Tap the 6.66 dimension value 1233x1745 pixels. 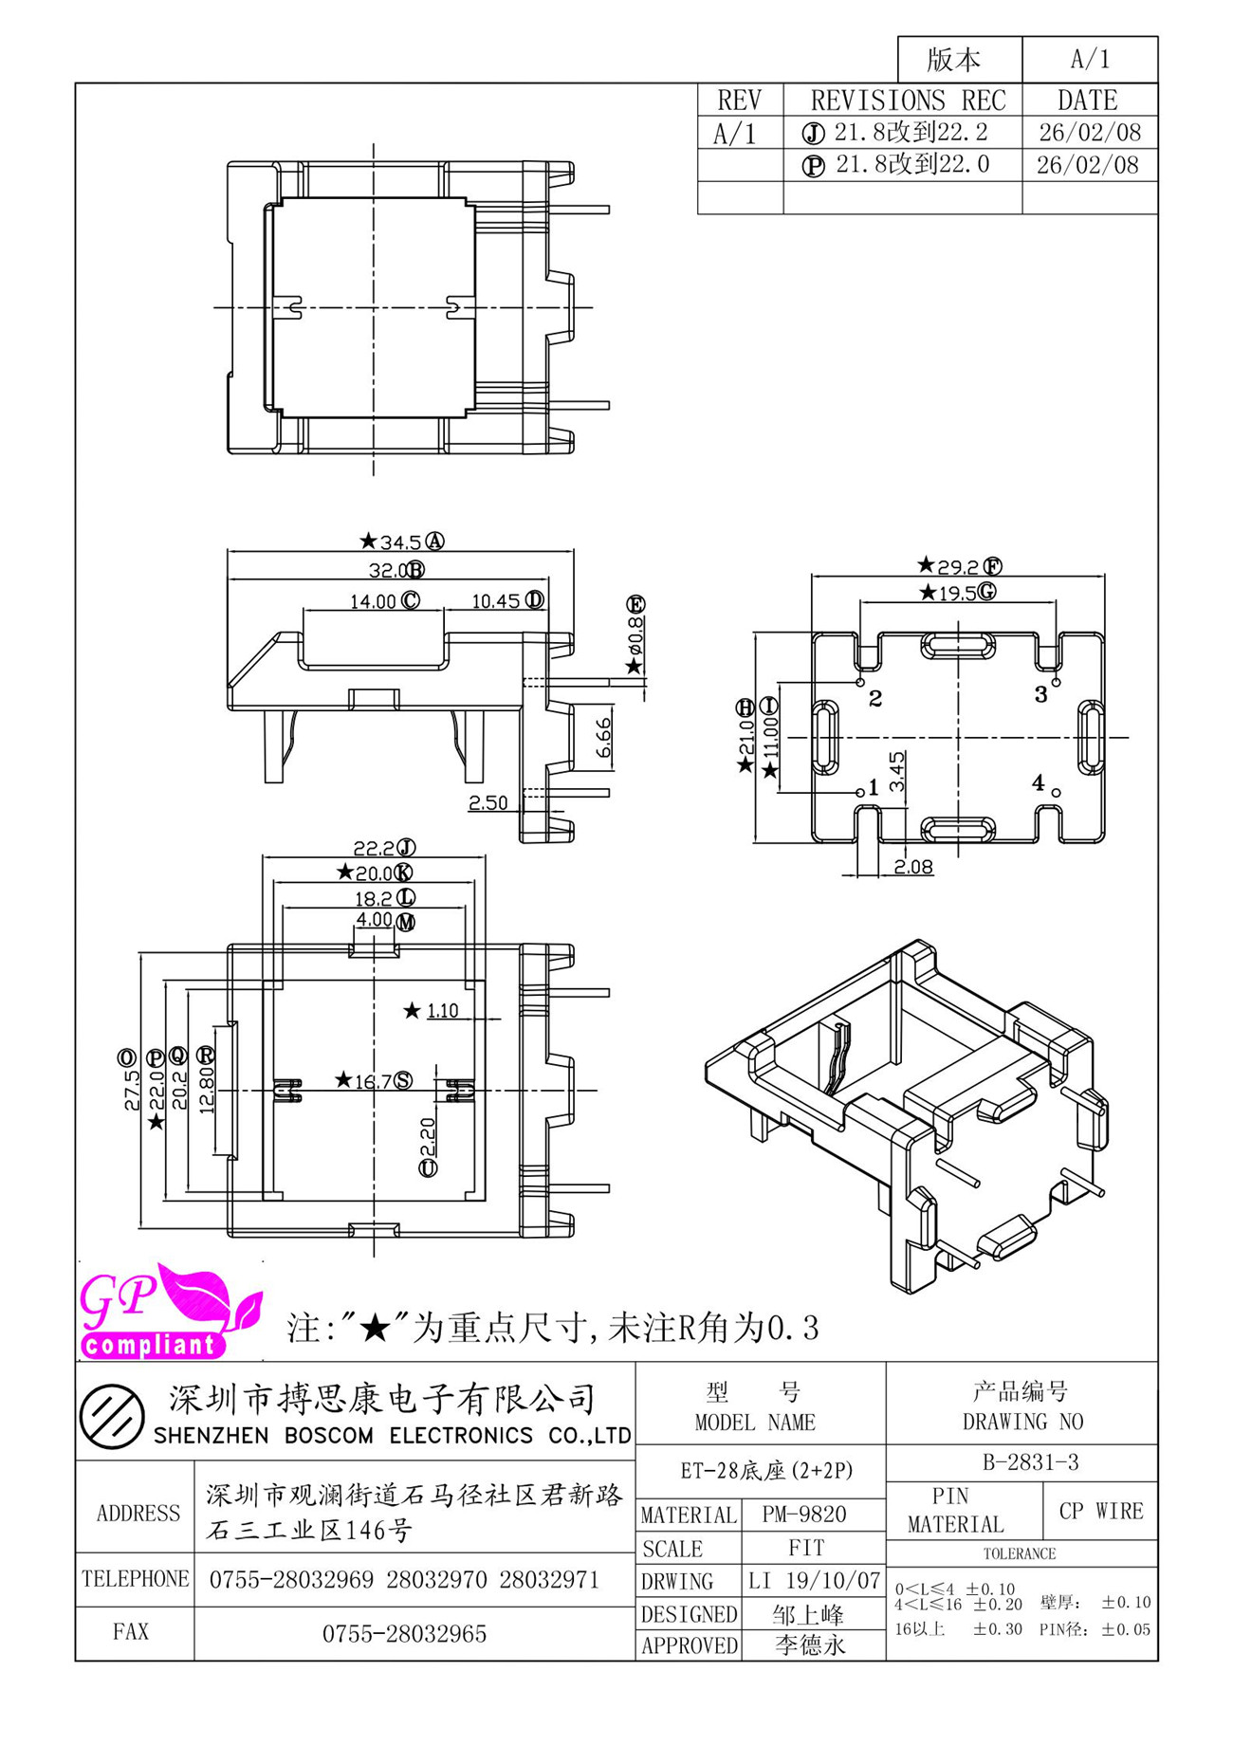click(603, 738)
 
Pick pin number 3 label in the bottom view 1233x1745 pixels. click(1040, 695)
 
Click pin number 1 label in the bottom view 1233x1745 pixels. click(874, 788)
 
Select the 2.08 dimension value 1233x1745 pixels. click(913, 867)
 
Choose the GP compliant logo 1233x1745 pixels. click(171, 1312)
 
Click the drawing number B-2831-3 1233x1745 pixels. click(1031, 1462)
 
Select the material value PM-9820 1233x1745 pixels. click(804, 1515)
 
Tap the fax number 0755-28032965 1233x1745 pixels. click(404, 1634)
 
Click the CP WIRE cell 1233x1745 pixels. click(1101, 1511)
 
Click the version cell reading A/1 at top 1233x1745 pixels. click(1090, 60)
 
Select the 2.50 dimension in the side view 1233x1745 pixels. click(488, 802)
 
